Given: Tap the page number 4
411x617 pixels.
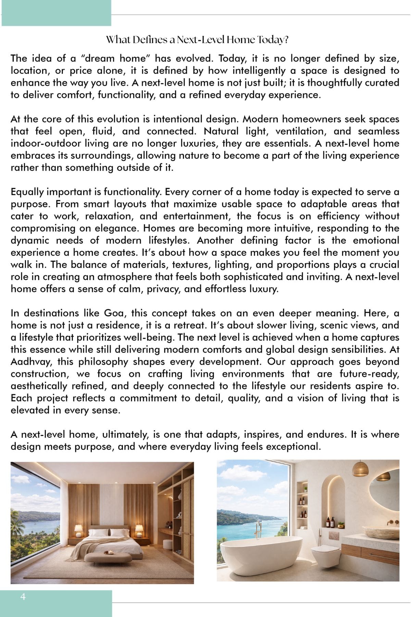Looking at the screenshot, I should pos(23,597).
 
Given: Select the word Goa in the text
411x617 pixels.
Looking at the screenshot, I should pos(112,313).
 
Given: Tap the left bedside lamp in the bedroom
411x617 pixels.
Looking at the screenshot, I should pos(78,530).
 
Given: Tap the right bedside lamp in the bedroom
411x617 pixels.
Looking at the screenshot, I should pos(139,530).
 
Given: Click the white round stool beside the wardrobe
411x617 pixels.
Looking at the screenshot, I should pos(168,544).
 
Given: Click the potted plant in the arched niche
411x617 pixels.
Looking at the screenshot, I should pos(341,525).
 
